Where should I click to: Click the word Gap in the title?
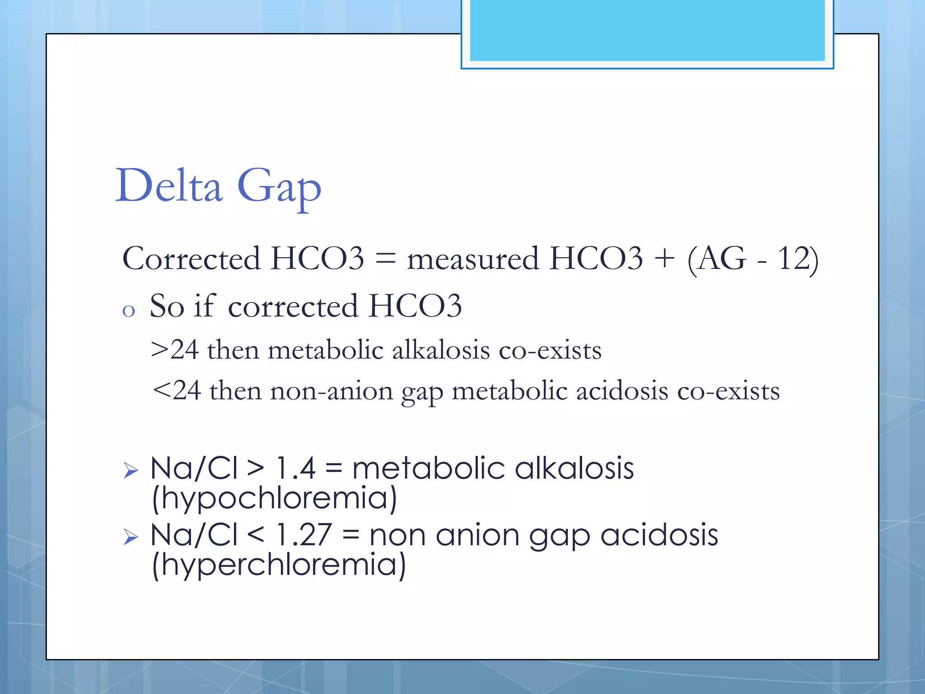(x=279, y=188)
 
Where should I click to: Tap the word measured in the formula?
(x=472, y=259)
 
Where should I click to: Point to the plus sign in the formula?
(x=664, y=259)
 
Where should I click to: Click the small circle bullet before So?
(x=129, y=311)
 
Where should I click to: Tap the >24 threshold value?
(x=175, y=350)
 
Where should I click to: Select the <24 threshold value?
(x=177, y=390)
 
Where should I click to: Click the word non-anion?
(x=332, y=390)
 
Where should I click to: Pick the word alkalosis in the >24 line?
(x=441, y=350)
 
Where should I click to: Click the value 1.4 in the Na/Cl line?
(x=296, y=468)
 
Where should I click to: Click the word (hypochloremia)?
(x=274, y=498)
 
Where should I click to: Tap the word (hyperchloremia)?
(x=279, y=565)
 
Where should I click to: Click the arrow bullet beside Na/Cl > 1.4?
(x=131, y=471)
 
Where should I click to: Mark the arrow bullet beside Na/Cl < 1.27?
(x=131, y=537)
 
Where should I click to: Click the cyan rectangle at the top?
(x=647, y=31)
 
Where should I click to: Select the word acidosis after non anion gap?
(x=659, y=535)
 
